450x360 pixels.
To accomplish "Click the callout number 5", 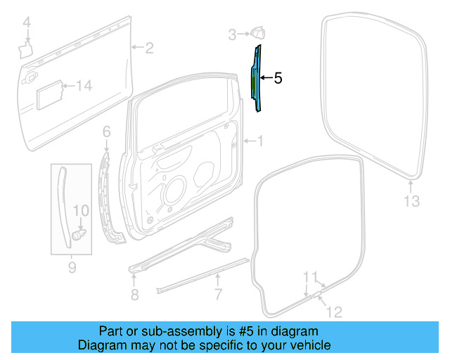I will pos(278,79).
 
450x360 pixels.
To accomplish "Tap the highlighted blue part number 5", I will pos(258,77).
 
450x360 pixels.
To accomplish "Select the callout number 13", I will pos(411,202).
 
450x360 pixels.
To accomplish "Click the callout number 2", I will pos(149,48).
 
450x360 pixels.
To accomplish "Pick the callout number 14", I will pos(84,86).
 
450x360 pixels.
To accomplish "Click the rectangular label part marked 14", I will pos(48,92).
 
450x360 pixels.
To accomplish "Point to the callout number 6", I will pos(106,131).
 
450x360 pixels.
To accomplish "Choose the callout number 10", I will pos(81,210).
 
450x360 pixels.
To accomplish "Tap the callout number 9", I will pos(71,267).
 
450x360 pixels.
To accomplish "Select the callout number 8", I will pos(134,292).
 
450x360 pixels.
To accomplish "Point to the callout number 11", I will pos(310,276).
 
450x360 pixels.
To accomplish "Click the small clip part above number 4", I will pos(26,48).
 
